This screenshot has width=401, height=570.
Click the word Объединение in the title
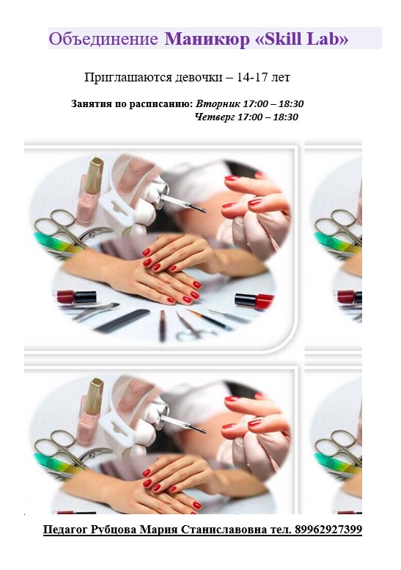[103, 39]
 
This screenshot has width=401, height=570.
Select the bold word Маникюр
[207, 39]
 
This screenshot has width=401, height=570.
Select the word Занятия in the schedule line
[91, 104]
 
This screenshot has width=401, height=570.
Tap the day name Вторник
[218, 104]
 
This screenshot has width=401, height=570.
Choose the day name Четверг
[215, 117]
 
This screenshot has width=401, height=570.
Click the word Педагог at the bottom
[65, 530]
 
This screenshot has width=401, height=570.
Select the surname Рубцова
[114, 530]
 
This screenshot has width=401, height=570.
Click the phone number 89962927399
[328, 530]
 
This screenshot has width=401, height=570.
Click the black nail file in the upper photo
[122, 321]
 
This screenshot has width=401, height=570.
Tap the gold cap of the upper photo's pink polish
[95, 175]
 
